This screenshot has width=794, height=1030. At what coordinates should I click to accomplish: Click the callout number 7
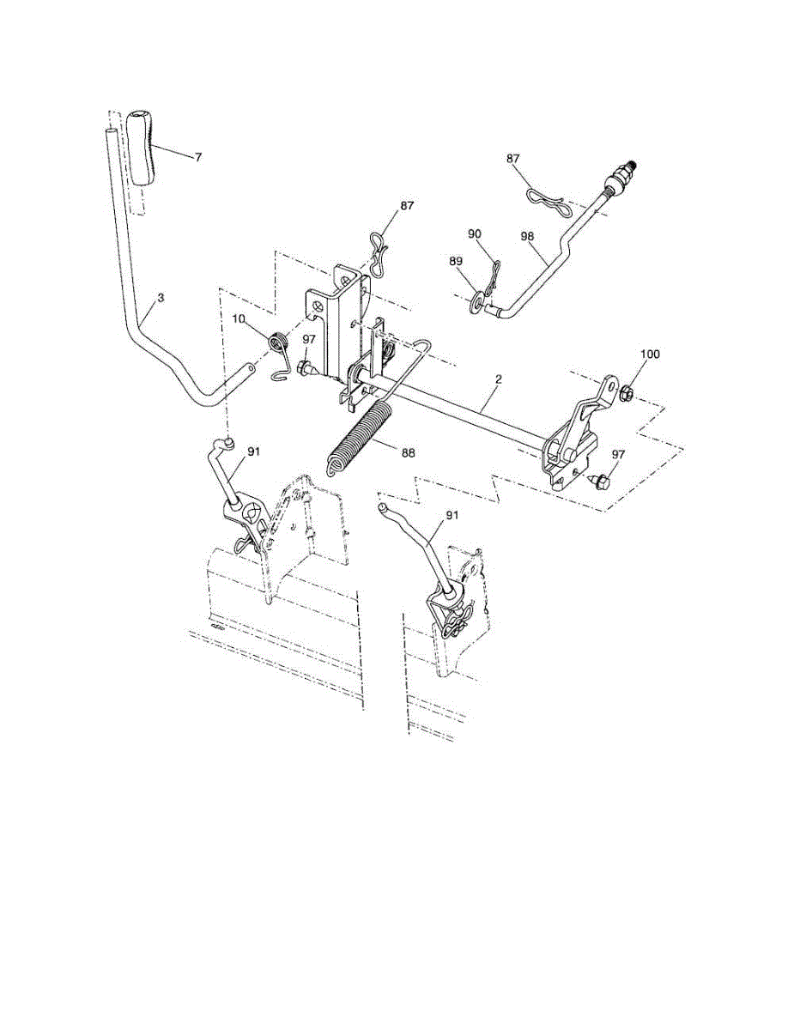(198, 158)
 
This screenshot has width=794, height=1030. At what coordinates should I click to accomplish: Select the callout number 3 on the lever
(161, 298)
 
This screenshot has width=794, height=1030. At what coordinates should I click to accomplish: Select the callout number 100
(650, 354)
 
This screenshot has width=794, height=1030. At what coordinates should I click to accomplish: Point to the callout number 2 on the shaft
(497, 379)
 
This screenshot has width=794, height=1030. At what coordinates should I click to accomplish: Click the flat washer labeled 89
(476, 302)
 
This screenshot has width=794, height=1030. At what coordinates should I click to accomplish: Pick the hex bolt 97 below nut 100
(601, 478)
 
